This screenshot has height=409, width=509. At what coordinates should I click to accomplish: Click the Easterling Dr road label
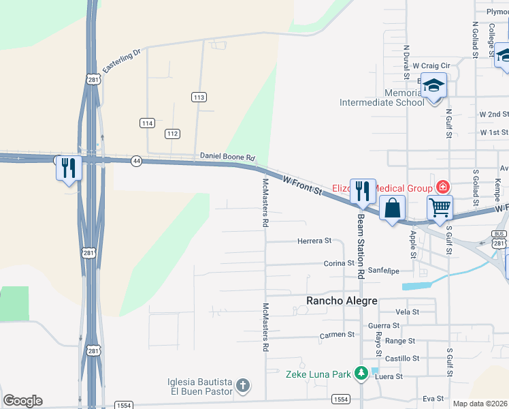pyautogui.click(x=121, y=61)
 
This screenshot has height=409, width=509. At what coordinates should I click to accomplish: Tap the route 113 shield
pyautogui.click(x=199, y=97)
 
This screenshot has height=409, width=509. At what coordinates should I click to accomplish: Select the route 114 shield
pyautogui.click(x=147, y=123)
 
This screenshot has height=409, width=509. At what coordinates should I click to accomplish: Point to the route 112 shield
pyautogui.click(x=173, y=134)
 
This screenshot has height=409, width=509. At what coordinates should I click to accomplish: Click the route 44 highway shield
pyautogui.click(x=137, y=161)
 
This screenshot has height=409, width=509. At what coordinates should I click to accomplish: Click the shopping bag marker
pyautogui.click(x=393, y=208)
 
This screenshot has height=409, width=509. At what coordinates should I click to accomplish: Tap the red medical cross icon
pyautogui.click(x=442, y=187)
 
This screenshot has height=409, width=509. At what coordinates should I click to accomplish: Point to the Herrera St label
pyautogui.click(x=314, y=241)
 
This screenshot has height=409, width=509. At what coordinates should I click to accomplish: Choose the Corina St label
pyautogui.click(x=339, y=262)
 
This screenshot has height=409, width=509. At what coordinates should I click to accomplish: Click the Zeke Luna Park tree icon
pyautogui.click(x=360, y=373)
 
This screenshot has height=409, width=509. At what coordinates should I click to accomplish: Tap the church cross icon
pyautogui.click(x=242, y=387)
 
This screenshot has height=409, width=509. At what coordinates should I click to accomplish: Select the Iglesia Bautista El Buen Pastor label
pyautogui.click(x=201, y=387)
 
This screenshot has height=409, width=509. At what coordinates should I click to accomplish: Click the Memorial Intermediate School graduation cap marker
pyautogui.click(x=433, y=85)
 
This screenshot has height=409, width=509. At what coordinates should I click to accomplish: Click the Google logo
pyautogui.click(x=22, y=401)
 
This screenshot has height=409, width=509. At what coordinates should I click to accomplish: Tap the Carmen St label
pyautogui.click(x=338, y=335)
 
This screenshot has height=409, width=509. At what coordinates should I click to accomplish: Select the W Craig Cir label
pyautogui.click(x=436, y=65)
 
